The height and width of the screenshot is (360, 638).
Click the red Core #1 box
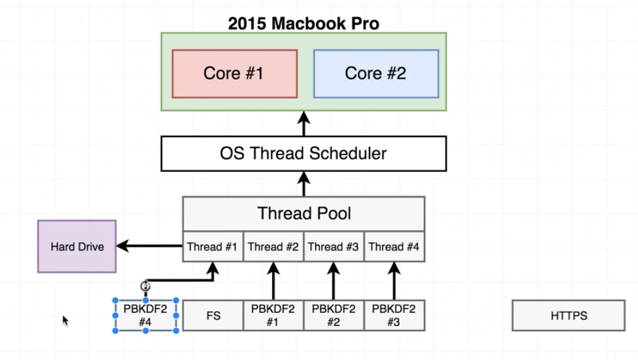234,74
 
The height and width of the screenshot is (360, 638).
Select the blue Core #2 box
376,74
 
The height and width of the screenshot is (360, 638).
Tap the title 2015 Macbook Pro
303,23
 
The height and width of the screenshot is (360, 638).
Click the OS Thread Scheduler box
303,153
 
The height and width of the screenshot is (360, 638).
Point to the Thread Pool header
303,213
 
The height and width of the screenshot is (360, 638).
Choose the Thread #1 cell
213,247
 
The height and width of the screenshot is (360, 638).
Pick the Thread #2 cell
273,247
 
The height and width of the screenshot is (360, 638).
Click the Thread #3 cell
333,247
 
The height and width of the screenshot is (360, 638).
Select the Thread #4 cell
394,247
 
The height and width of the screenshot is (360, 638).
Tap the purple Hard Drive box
77,246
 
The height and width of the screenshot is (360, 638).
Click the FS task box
213,316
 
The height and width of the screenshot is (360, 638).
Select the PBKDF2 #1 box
273,316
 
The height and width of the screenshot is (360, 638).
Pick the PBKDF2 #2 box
333,316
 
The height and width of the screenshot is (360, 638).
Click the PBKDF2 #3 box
393,316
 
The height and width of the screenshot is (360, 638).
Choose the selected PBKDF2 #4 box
146,316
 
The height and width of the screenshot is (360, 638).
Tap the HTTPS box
568,316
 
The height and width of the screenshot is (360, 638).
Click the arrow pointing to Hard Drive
150,246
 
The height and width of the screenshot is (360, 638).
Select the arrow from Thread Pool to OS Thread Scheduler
303,184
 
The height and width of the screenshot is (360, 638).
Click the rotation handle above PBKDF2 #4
145,286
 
